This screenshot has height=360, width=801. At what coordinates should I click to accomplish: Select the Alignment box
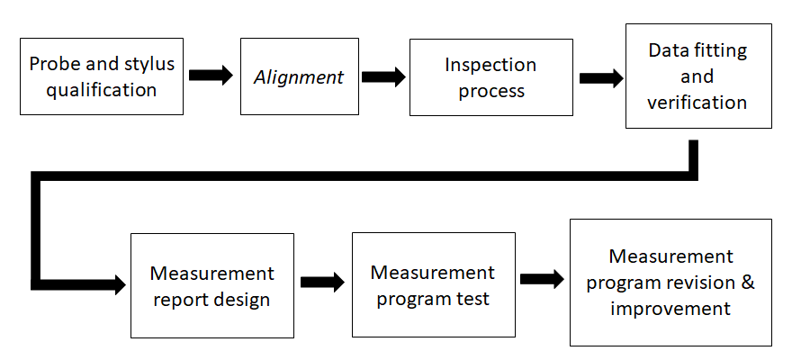[x=298, y=76]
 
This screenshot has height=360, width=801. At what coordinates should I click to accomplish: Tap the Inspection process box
[x=490, y=77]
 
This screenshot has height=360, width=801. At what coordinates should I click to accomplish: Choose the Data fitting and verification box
[x=697, y=76]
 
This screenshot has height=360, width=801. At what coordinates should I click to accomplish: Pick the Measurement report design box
[x=211, y=286]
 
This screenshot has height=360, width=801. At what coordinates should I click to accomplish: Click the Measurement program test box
[x=433, y=284]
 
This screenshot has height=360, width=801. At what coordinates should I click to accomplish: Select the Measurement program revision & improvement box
[x=670, y=282]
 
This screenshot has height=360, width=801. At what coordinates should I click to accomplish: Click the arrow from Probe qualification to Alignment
[x=211, y=76]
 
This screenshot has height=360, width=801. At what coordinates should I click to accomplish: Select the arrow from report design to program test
[x=322, y=282]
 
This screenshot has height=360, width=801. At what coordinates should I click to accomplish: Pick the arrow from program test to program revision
[x=542, y=279]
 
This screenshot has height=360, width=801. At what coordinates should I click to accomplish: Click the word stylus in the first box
[x=150, y=64]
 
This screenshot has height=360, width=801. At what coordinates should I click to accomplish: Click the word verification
[x=697, y=102]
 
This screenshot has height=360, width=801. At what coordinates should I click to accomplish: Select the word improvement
[x=670, y=308]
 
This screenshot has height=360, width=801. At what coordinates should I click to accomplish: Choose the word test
[x=473, y=298]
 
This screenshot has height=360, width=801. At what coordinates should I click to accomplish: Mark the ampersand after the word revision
[x=747, y=283]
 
